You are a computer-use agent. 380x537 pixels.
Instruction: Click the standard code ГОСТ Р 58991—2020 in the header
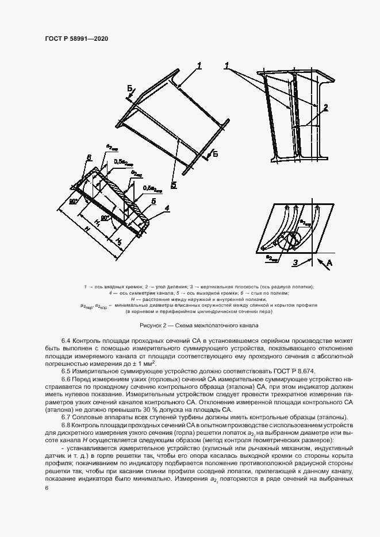(x=76, y=38)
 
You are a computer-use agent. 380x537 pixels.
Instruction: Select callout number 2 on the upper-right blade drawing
(x=325, y=107)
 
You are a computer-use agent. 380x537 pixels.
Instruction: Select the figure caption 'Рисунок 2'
(x=153, y=325)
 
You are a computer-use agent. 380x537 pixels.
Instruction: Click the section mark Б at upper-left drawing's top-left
(x=130, y=88)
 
